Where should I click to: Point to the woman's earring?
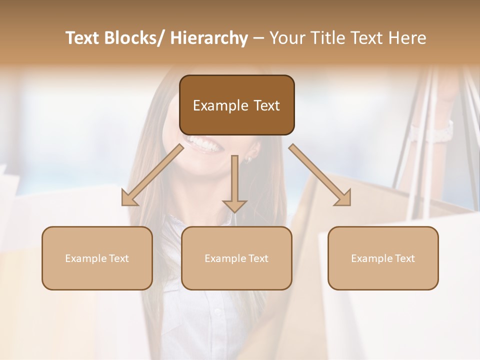[x=247, y=159]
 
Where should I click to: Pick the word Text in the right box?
[x=404, y=258]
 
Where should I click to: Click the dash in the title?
[x=258, y=38]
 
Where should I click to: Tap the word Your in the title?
[x=289, y=38]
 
